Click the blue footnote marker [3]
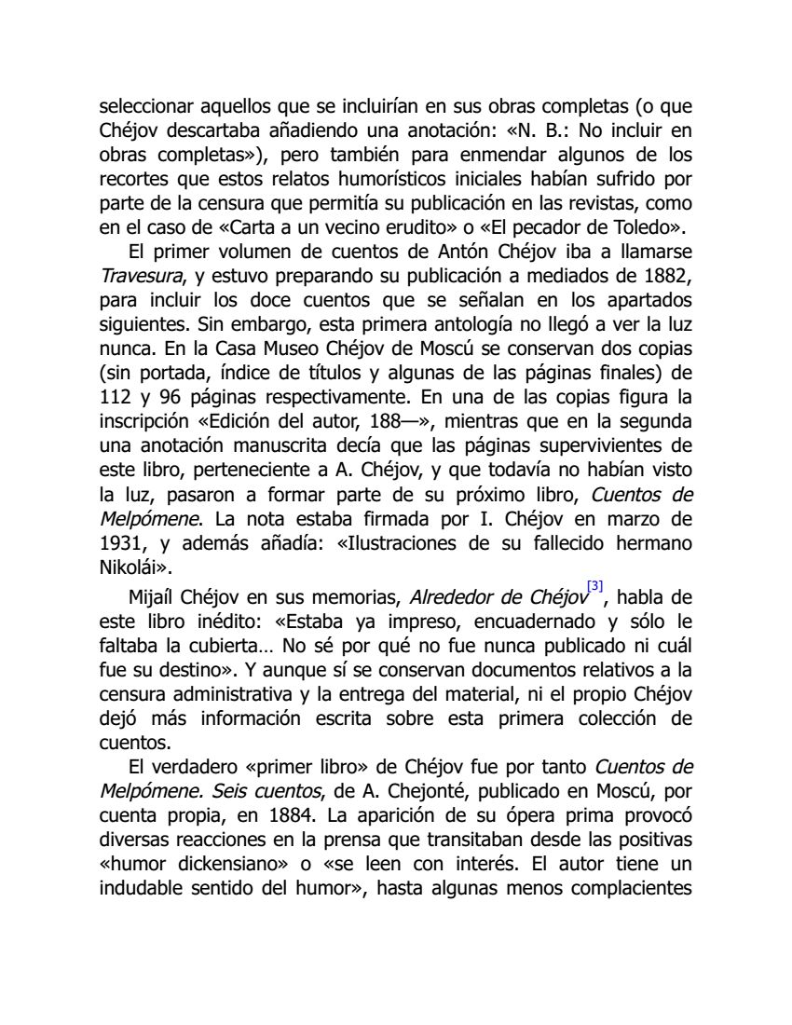point(594,586)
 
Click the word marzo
point(636,516)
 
